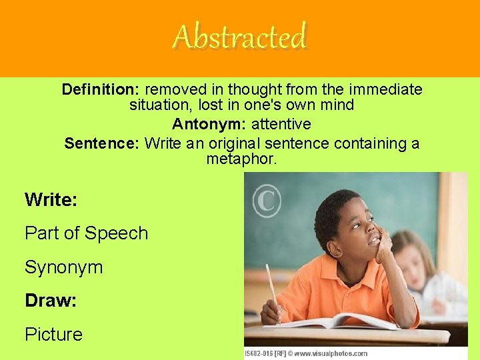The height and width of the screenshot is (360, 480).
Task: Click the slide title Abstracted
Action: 240,37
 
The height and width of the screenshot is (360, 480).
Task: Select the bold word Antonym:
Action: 209,124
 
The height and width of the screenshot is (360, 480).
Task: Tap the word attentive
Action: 281,124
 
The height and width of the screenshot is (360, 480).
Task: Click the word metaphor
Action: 241,160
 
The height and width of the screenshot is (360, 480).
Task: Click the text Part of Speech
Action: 86,233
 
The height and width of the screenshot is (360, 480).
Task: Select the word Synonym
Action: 63,267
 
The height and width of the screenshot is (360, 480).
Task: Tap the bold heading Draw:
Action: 51,301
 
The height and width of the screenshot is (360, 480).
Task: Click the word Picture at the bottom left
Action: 53,335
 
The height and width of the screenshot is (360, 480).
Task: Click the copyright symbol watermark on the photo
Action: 267,199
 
